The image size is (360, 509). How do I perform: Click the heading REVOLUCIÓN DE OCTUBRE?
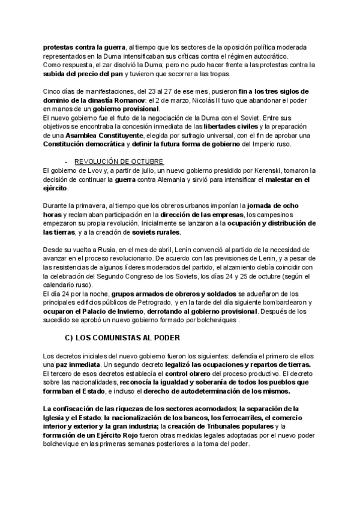click(119, 163)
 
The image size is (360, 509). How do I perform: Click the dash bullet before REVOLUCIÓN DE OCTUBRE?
click(65, 163)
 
